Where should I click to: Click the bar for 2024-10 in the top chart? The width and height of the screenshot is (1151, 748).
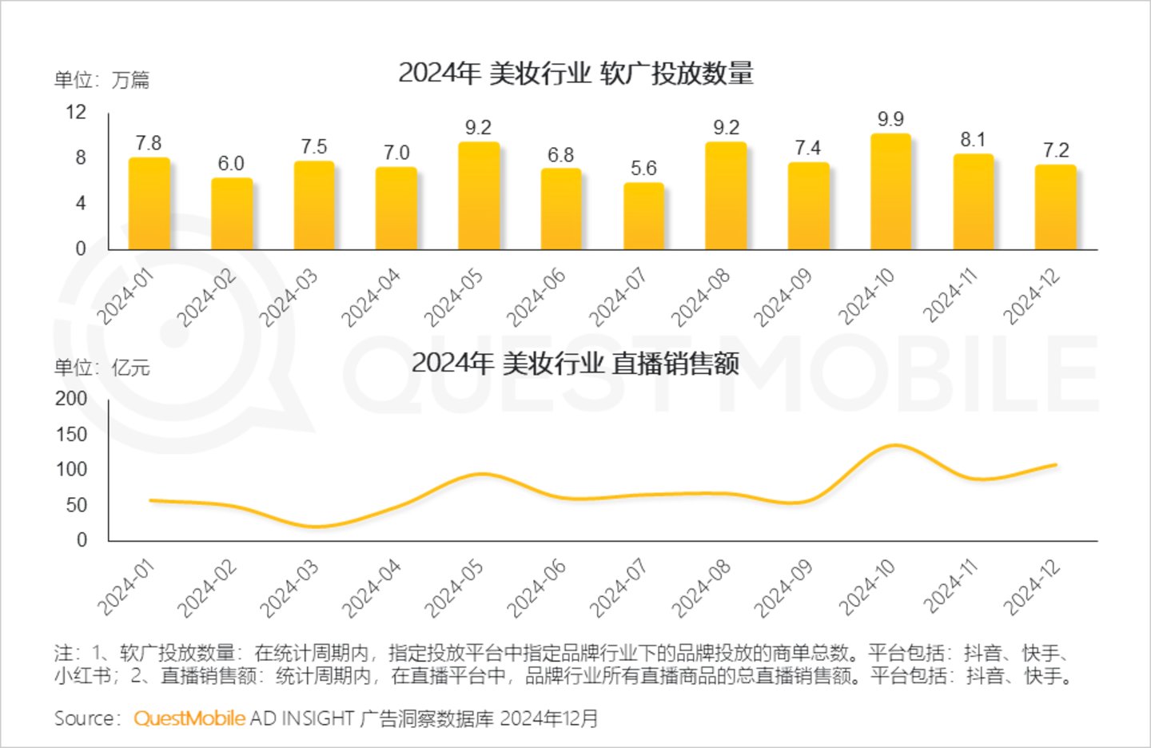click(x=890, y=192)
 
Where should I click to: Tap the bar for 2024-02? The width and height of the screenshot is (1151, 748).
click(x=231, y=213)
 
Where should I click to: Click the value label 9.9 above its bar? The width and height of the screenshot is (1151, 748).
click(x=890, y=119)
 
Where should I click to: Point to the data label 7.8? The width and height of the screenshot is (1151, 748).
click(x=149, y=143)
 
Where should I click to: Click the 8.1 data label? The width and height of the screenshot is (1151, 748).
click(x=973, y=140)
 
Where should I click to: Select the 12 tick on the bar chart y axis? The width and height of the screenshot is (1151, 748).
click(x=76, y=112)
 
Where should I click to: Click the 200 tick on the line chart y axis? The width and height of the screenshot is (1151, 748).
click(x=71, y=398)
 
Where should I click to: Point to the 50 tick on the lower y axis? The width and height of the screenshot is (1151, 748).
click(x=76, y=505)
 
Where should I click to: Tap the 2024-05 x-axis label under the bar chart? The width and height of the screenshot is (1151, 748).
click(x=453, y=297)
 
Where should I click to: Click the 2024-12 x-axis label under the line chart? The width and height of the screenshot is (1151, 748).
click(x=1032, y=587)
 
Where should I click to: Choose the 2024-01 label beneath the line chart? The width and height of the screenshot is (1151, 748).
click(x=125, y=587)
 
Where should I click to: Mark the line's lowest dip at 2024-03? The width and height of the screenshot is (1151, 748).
click(x=315, y=527)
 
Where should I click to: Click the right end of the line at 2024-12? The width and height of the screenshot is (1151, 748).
click(x=1055, y=464)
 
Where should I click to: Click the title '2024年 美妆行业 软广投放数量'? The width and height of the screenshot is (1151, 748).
click(x=575, y=74)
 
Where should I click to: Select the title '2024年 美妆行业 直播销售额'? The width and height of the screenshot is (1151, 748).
click(x=575, y=364)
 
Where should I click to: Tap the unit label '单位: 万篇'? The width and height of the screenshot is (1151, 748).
click(x=102, y=80)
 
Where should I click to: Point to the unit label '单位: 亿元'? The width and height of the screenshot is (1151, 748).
click(x=102, y=368)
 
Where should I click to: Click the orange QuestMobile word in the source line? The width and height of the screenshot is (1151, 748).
click(x=189, y=718)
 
